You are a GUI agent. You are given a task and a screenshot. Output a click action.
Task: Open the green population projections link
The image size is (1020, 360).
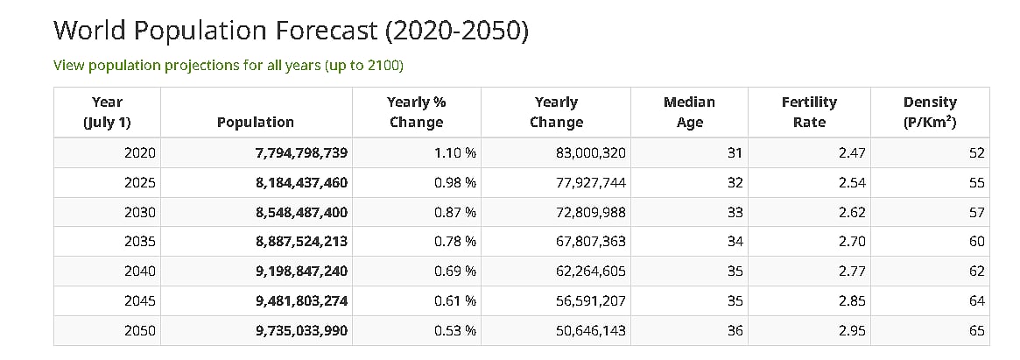click(x=228, y=66)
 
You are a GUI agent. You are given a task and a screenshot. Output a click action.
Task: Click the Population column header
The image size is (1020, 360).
click(x=255, y=123)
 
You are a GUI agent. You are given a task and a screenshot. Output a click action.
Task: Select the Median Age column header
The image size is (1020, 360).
click(x=689, y=112)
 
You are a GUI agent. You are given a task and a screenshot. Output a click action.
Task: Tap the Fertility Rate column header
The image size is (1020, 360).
click(x=808, y=112)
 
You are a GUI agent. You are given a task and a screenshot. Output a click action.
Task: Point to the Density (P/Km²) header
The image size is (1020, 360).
click(x=929, y=112)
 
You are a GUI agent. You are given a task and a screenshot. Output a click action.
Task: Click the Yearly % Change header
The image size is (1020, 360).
click(x=416, y=112)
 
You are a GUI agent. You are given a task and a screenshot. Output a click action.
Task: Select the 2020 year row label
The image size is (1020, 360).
click(x=139, y=153)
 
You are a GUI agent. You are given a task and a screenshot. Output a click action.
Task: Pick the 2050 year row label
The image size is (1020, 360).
click(x=139, y=331)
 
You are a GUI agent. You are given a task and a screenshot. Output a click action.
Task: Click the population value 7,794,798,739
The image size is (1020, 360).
click(x=301, y=153)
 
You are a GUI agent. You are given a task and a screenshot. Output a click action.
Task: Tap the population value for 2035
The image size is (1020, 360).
click(x=301, y=242)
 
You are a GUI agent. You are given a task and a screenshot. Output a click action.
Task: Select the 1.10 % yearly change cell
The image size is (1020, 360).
click(x=454, y=153)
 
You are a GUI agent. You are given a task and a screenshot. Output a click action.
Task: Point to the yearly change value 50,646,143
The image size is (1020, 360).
click(x=590, y=331)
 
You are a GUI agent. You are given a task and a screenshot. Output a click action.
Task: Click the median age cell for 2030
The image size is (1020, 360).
click(x=734, y=213)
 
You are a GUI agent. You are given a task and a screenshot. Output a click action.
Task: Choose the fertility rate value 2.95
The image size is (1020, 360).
click(x=851, y=331)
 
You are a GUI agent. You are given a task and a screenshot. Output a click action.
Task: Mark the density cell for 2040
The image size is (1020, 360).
click(x=976, y=272)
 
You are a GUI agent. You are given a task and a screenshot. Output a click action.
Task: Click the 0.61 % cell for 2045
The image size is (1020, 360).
click(x=454, y=301)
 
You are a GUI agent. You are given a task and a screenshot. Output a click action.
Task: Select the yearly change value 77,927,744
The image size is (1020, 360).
click(x=590, y=183)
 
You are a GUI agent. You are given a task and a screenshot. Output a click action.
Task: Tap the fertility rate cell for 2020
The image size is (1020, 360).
click(x=851, y=153)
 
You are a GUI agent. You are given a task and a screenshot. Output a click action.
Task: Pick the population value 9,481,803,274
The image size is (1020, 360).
click(x=301, y=301)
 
